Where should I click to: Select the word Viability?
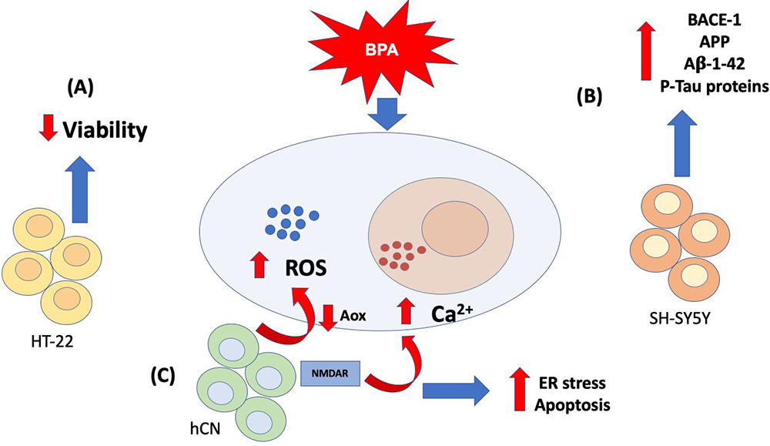[x=109, y=131]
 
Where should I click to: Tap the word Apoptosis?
[x=574, y=404]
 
